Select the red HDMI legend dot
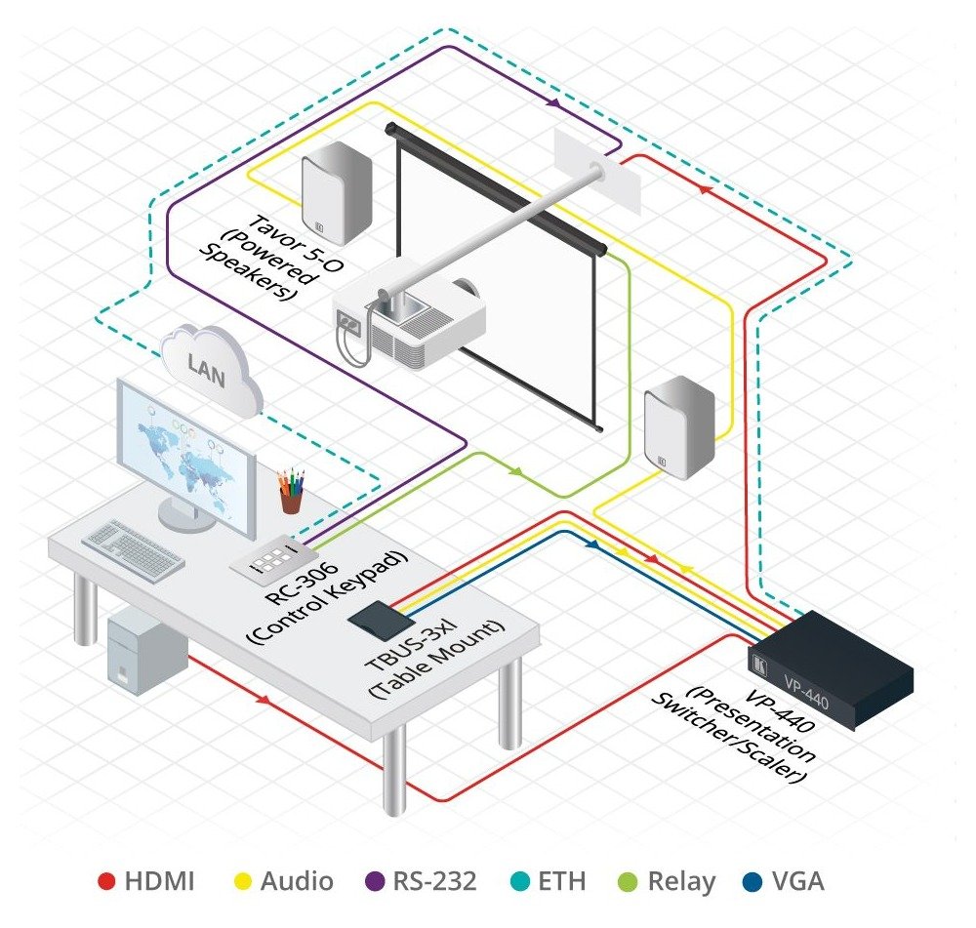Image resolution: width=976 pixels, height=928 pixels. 106,881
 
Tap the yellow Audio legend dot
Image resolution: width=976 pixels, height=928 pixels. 242,881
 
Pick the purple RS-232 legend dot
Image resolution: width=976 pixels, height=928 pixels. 374,881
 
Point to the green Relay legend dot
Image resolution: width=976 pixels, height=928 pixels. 628,881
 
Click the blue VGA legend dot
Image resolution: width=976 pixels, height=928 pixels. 753,881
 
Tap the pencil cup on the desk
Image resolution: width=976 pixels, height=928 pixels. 291,491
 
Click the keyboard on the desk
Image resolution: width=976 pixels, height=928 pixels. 133,550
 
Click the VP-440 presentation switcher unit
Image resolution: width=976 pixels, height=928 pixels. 831,669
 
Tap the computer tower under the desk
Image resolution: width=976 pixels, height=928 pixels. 147,651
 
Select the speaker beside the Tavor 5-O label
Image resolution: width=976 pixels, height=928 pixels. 337,193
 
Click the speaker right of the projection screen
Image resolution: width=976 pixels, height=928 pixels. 679,427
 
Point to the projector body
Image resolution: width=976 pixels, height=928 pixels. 409,320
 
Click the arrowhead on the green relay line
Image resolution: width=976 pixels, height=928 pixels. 515,471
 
